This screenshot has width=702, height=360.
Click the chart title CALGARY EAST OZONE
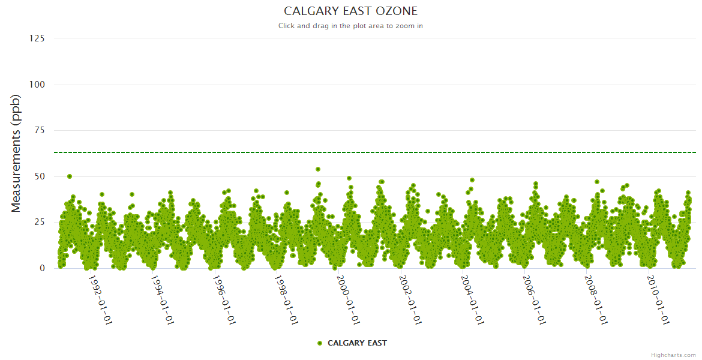point(350,11)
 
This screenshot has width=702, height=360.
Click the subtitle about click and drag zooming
point(350,26)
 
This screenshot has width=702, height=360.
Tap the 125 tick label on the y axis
point(37,38)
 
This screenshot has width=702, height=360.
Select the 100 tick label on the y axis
point(37,85)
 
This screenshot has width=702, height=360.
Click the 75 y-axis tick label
point(39,130)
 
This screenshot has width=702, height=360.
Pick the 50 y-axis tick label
point(39,176)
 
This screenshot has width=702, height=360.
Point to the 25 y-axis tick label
point(39,223)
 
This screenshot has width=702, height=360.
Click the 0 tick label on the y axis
point(41,268)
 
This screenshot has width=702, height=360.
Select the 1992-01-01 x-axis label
point(100,299)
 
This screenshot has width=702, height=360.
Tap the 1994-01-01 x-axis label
point(162,299)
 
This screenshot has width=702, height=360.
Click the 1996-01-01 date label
point(224,299)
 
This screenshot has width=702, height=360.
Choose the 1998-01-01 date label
point(286,299)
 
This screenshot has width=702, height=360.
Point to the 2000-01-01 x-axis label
point(348,299)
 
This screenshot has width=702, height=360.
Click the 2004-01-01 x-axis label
point(472,299)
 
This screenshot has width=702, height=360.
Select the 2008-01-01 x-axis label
point(596,299)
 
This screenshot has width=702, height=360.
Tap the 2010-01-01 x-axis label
point(658,299)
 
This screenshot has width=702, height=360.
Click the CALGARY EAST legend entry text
point(357,343)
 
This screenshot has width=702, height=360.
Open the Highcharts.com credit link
point(673,355)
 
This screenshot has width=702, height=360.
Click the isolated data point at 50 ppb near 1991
point(70,176)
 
